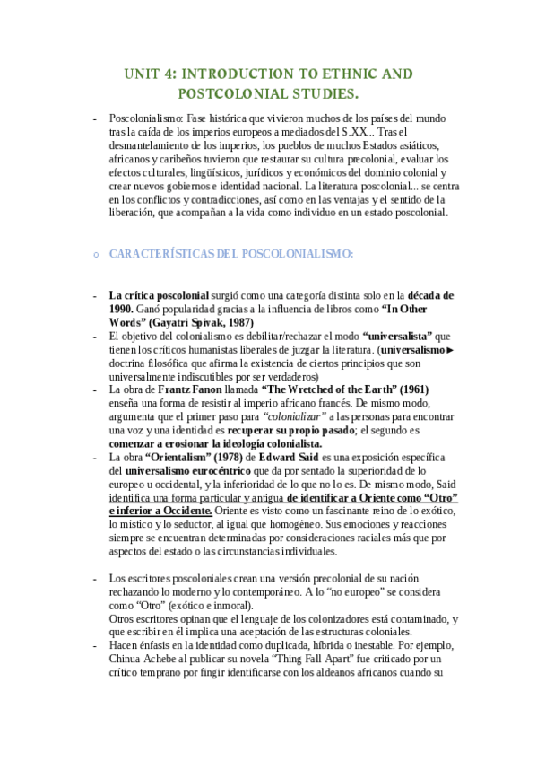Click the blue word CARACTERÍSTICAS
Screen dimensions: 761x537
coord(161,254)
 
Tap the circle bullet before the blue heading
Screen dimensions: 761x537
coord(96,255)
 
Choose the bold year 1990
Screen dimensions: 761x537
coord(123,309)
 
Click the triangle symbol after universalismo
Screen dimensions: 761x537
coord(451,348)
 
